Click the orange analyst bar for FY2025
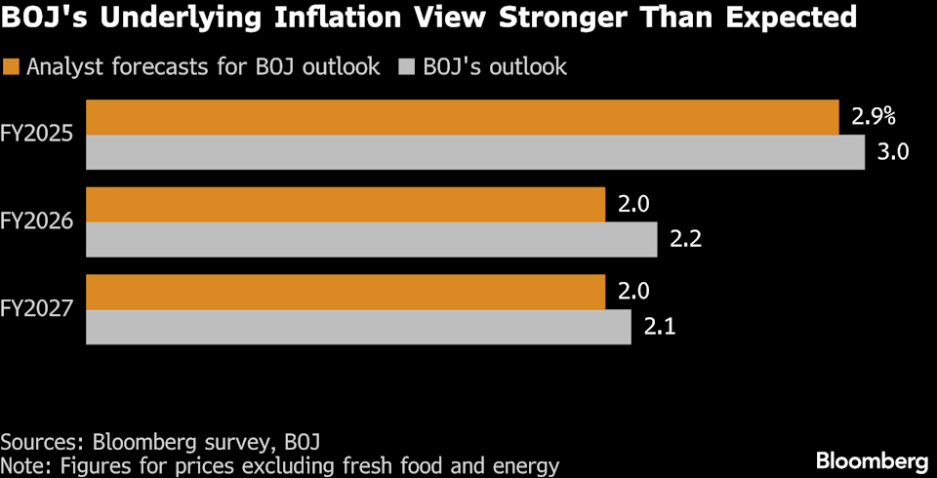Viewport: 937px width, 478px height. pos(463,117)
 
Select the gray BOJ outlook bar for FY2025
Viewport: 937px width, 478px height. pos(475,152)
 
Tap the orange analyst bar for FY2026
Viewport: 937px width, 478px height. pos(346,205)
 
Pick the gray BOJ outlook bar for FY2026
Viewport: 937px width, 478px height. pos(372,240)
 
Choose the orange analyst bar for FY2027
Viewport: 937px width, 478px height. pos(346,292)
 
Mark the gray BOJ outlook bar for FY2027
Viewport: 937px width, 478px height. pos(358,327)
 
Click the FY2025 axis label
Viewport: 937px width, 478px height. pos(38,135)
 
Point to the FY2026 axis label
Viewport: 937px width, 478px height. pos(38,222)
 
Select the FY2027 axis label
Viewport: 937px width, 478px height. pos(38,309)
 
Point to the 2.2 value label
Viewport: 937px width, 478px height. pos(686,240)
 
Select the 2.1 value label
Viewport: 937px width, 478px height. pos(660,327)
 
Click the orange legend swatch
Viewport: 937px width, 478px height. pos(12,67)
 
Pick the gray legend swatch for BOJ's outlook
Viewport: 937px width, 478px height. pos(406,67)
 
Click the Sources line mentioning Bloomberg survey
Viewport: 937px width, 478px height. pos(162,440)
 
